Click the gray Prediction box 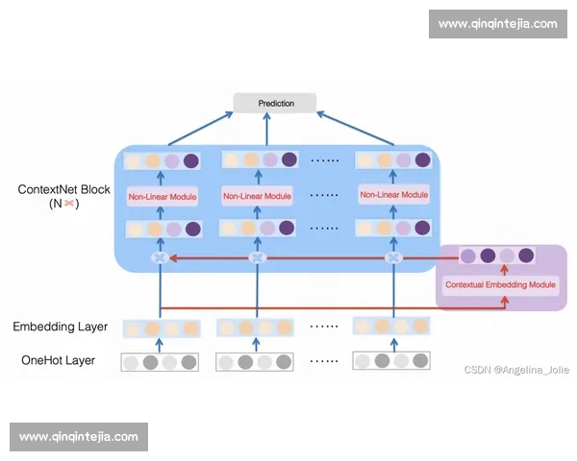pyautogui.click(x=276, y=103)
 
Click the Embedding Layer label pyautogui.click(x=61, y=328)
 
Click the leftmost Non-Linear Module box pyautogui.click(x=162, y=197)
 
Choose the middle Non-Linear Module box pyautogui.click(x=257, y=197)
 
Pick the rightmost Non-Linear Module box pyautogui.click(x=393, y=195)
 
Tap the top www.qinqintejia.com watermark pyautogui.click(x=497, y=24)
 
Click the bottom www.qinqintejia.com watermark pyautogui.click(x=79, y=436)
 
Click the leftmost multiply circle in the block pyautogui.click(x=161, y=257)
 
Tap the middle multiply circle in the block pyautogui.click(x=257, y=257)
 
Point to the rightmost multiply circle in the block pyautogui.click(x=392, y=257)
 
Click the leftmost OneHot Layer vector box pyautogui.click(x=160, y=362)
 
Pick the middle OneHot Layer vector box pyautogui.click(x=256, y=362)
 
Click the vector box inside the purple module pyautogui.click(x=497, y=255)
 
